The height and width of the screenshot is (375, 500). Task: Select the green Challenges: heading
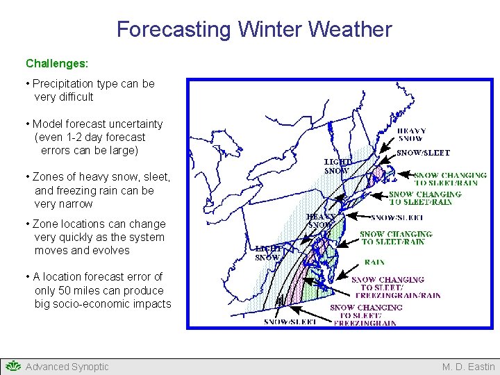pyautogui.click(x=57, y=63)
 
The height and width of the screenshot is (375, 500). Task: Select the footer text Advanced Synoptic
pyautogui.click(x=67, y=367)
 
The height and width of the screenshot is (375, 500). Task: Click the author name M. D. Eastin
pyautogui.click(x=469, y=367)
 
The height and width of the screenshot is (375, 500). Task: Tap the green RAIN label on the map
pyautogui.click(x=374, y=262)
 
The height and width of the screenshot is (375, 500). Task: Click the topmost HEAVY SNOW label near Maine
pyautogui.click(x=411, y=134)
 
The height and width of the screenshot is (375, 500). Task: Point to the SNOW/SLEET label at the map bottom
pyautogui.click(x=290, y=322)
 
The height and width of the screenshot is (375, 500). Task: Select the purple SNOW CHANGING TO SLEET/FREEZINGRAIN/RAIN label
pyautogui.click(x=396, y=287)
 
